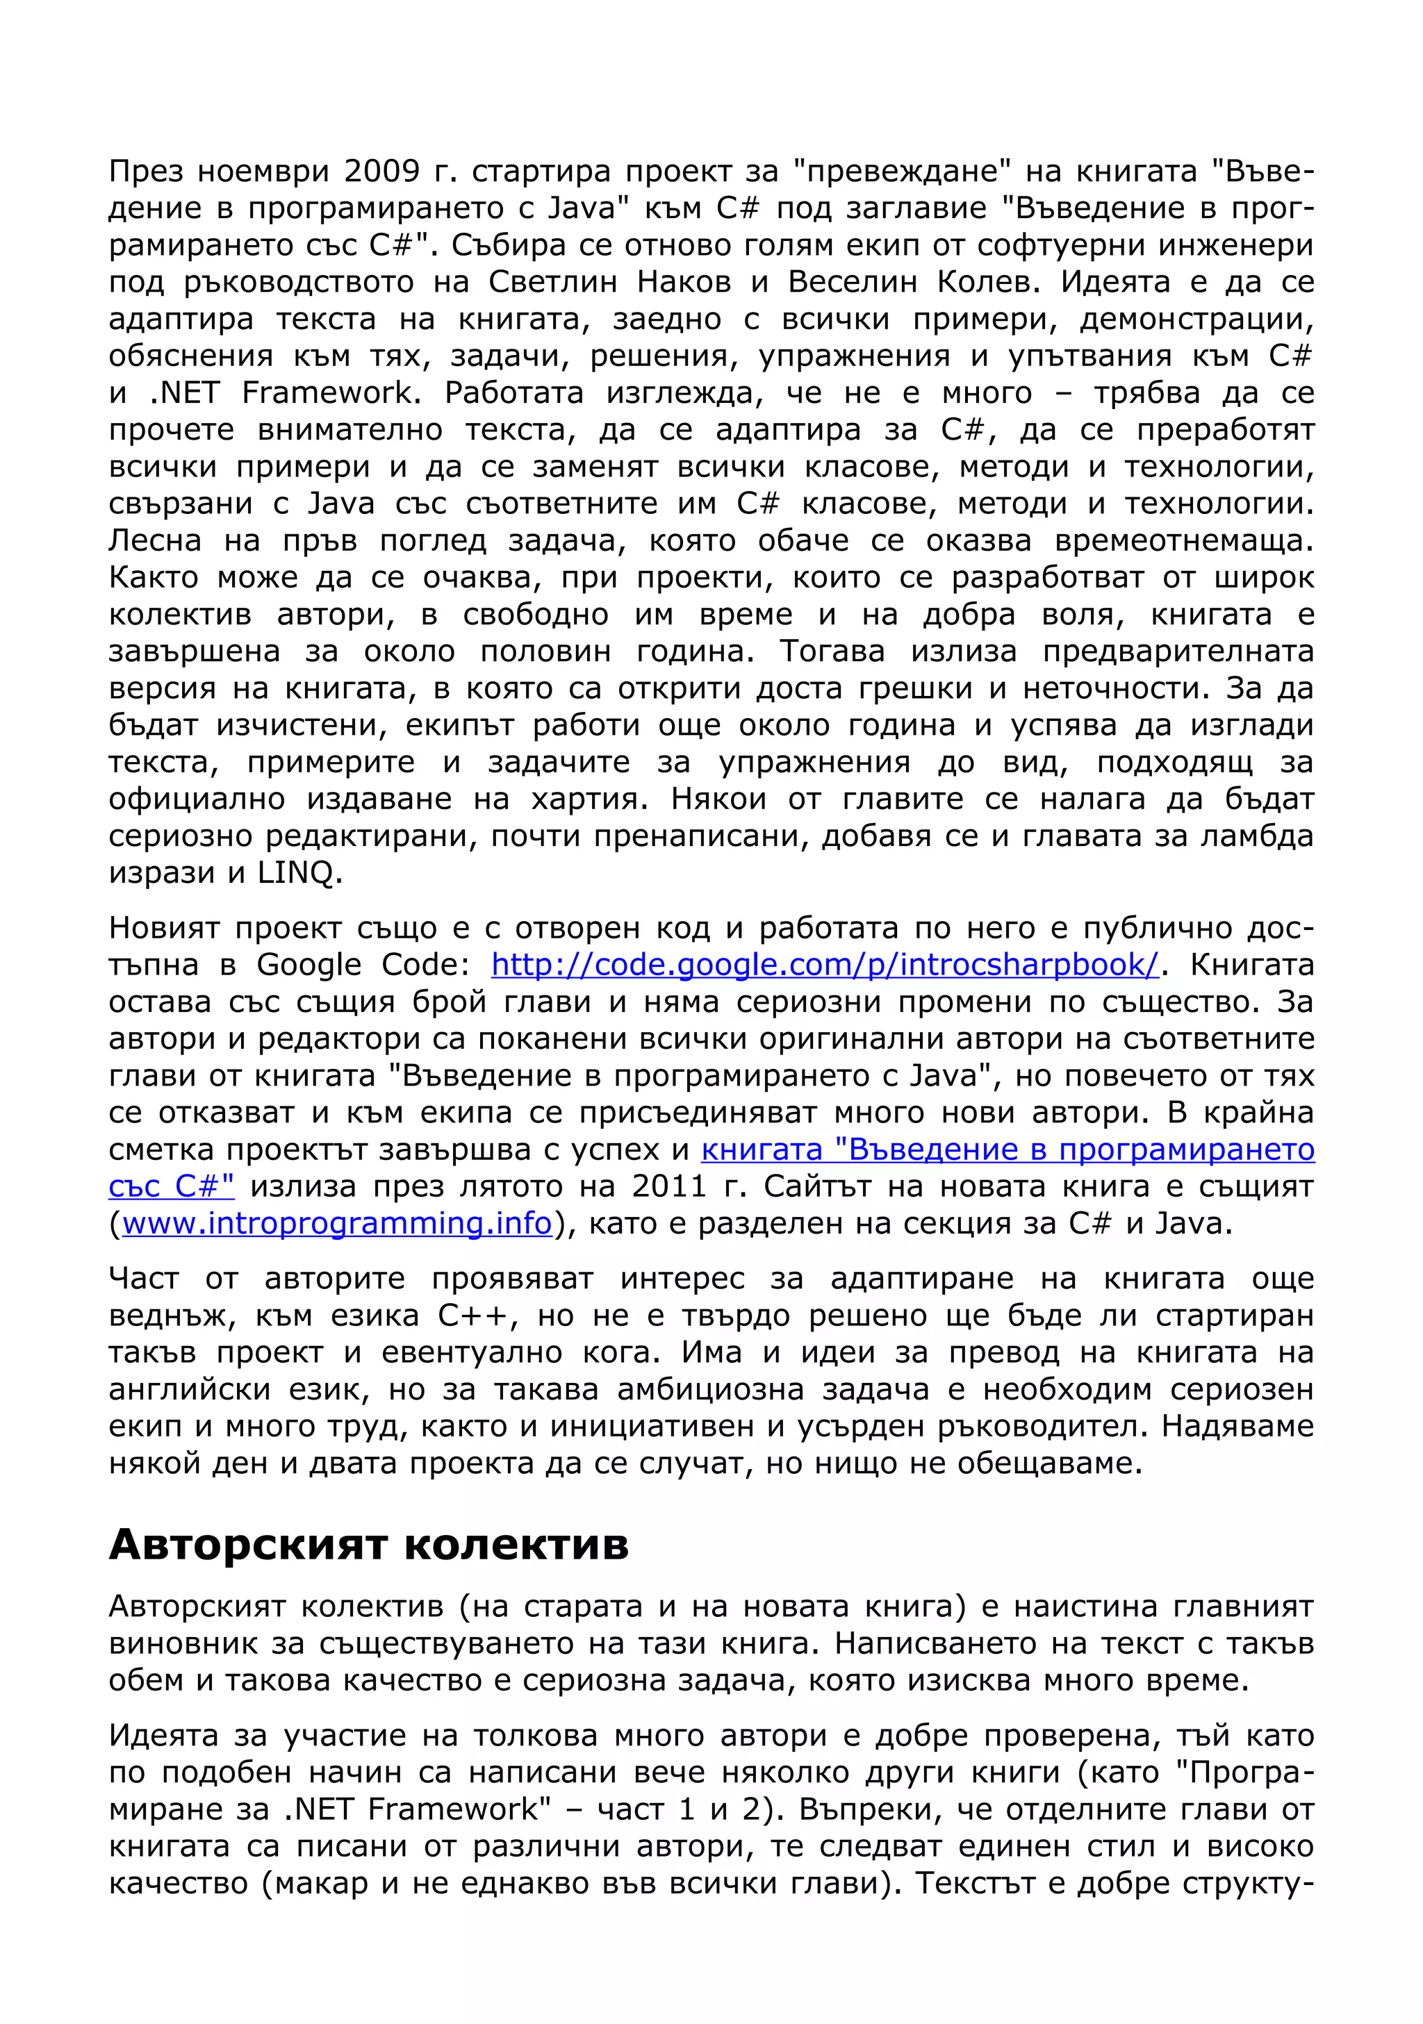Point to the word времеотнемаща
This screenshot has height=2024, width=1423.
click(x=1183, y=540)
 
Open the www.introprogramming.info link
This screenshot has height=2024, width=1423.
click(x=337, y=1224)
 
